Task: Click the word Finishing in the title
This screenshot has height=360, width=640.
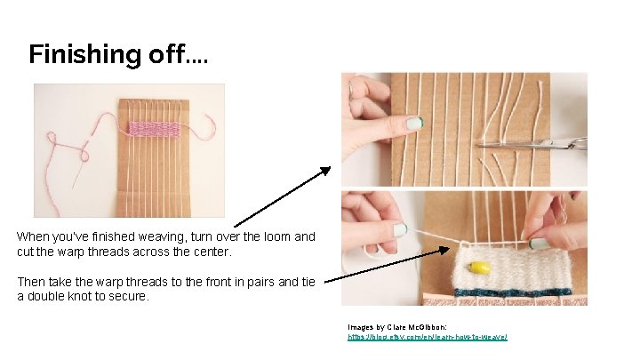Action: tap(78, 55)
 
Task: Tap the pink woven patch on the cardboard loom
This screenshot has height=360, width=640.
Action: tap(154, 129)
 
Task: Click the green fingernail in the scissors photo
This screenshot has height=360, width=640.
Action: tap(414, 123)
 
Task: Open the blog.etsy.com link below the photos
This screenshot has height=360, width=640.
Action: tap(427, 338)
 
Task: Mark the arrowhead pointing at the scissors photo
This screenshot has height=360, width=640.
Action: tap(326, 170)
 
